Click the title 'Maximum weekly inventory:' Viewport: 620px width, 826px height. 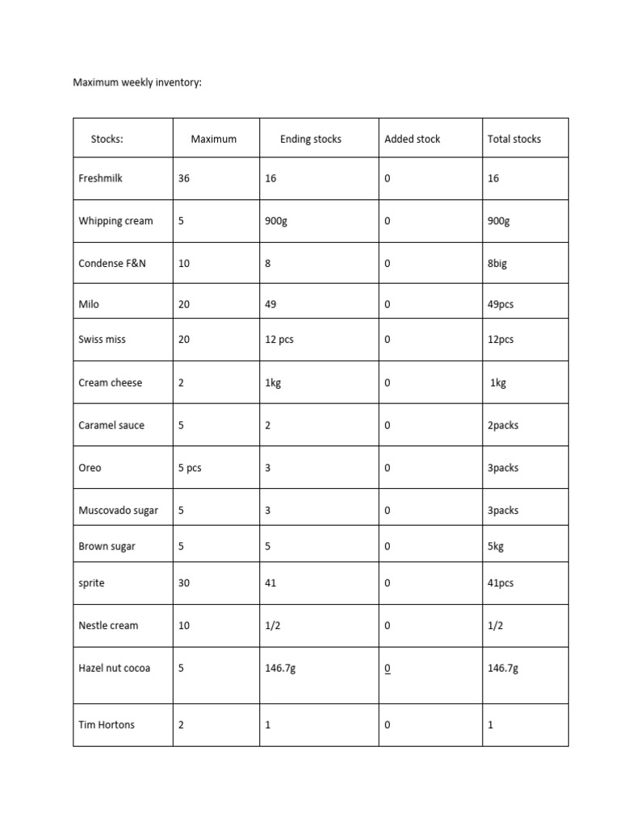137,82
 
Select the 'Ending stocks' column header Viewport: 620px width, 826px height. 311,139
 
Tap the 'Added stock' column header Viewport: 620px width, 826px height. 413,139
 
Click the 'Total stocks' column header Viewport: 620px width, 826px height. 514,139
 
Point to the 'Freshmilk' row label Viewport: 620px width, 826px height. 101,178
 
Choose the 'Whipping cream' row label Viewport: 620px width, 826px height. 115,221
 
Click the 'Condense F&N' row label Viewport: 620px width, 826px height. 112,264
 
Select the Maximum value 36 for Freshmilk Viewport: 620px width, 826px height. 184,178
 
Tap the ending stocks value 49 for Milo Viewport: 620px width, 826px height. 270,304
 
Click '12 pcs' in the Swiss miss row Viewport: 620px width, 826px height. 279,340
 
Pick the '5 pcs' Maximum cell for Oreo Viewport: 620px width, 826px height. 190,468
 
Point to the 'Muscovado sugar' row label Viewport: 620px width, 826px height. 119,511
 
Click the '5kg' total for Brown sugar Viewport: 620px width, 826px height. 496,546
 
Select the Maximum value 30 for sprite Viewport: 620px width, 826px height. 184,582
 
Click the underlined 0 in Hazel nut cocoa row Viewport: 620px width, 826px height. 387,668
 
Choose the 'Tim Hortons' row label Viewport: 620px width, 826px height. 107,724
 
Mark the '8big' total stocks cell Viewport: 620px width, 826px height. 497,264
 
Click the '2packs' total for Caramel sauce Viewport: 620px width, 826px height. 503,425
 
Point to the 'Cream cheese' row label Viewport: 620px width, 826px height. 110,382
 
